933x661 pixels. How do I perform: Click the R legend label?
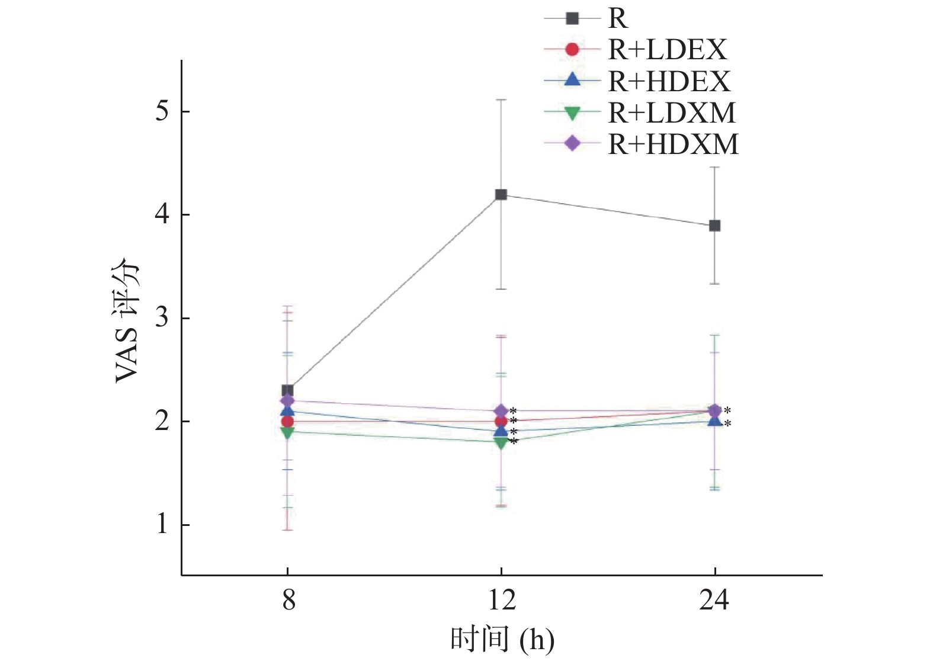click(618, 18)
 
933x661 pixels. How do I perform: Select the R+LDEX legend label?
click(668, 50)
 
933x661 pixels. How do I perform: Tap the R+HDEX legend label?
click(669, 81)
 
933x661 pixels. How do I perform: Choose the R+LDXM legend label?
click(672, 113)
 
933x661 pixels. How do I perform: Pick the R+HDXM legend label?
click(674, 144)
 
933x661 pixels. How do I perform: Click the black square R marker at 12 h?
click(501, 194)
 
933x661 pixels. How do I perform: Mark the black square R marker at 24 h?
click(715, 226)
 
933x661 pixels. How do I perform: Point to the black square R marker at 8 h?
click(287, 390)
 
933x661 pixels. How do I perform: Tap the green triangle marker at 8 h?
click(287, 432)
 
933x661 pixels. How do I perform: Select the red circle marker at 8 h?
click(287, 422)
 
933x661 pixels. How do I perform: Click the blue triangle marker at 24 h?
click(715, 421)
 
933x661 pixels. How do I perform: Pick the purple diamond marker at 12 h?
click(501, 411)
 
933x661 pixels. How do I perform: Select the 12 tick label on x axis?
click(502, 601)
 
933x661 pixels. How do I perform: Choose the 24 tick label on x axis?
click(714, 601)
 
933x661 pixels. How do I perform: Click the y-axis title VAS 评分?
click(128, 320)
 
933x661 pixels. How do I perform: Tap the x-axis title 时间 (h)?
click(502, 640)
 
